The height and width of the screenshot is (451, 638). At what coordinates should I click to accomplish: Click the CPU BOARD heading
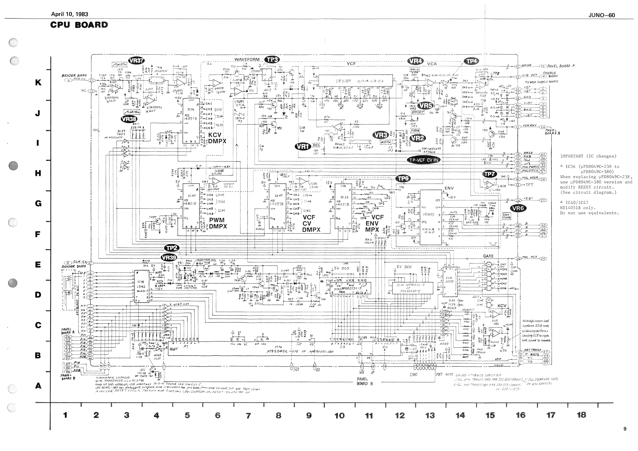pos(79,25)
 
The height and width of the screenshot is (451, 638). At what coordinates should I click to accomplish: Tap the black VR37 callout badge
pos(136,61)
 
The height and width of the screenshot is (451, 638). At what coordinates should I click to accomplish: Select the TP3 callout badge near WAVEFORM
pos(272,60)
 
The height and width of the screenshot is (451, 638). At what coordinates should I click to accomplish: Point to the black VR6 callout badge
pos(518,208)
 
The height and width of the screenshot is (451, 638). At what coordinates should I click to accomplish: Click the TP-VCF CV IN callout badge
pos(424,160)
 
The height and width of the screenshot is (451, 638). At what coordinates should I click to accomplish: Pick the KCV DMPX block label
pos(217,138)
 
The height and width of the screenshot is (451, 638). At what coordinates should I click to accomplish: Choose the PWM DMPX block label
pos(218,223)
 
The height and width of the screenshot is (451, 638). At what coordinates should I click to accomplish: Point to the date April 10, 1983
pos(69,14)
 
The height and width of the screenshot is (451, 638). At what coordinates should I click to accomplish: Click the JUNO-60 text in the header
pos(602,15)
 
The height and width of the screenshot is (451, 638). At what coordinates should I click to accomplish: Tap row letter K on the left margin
pos(38,83)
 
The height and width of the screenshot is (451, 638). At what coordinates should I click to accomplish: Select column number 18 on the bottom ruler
pos(581,415)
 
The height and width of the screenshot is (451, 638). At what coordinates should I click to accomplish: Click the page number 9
pos(625,429)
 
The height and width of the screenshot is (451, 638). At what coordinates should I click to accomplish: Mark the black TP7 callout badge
pos(489,174)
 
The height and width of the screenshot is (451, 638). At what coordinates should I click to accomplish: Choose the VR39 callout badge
pos(169,258)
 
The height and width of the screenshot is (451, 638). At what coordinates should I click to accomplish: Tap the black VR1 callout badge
pos(303,146)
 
